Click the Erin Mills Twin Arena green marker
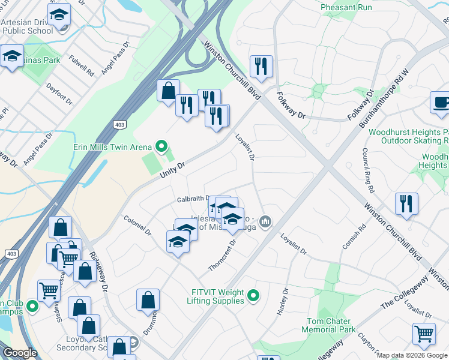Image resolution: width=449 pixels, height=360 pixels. tap(161, 146)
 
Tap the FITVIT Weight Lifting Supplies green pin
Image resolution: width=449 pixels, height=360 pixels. tap(253, 295)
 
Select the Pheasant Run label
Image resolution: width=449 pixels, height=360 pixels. tap(346, 7)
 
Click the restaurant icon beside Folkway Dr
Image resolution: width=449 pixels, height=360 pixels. tap(261, 66)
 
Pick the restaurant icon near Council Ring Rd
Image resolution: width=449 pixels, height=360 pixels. tap(406, 203)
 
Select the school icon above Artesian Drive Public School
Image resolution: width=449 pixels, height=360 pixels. tap(59, 14)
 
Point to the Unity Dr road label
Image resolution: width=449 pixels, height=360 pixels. tap(172, 169)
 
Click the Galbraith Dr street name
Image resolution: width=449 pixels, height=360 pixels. tap(193, 199)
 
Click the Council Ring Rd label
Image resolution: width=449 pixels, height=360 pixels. tap(366, 171)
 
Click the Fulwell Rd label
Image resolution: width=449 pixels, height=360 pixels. tap(82, 65)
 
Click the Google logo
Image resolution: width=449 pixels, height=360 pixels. tap(20, 353)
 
